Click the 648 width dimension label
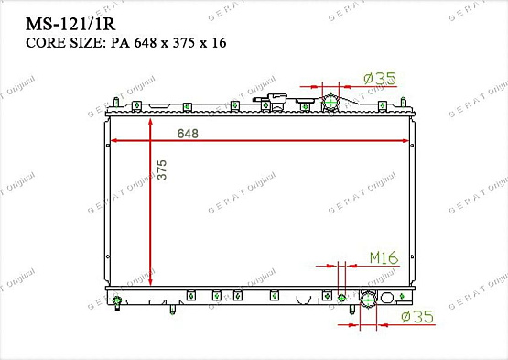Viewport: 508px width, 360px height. click(188, 133)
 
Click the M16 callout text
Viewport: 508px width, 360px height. click(384, 258)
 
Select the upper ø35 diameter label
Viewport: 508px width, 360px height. click(379, 80)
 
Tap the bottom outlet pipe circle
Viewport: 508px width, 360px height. click(369, 299)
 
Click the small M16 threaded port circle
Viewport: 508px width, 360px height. click(342, 296)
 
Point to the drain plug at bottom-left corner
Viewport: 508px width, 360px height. click(118, 302)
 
